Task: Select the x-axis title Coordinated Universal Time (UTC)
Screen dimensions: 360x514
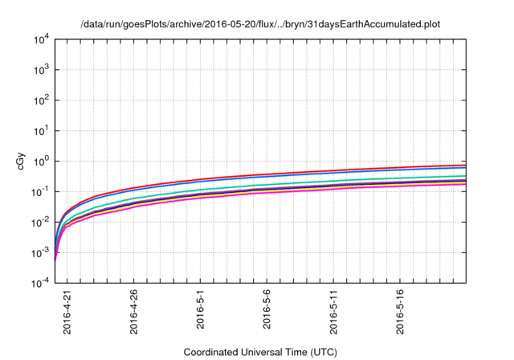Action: tap(260, 352)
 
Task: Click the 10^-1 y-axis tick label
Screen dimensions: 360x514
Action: tap(41, 191)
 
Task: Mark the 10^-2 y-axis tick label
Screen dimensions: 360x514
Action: tap(41, 222)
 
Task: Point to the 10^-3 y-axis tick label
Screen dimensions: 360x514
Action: tap(41, 252)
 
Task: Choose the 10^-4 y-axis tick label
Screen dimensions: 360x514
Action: tap(41, 283)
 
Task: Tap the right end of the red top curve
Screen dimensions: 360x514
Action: tap(465, 165)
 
